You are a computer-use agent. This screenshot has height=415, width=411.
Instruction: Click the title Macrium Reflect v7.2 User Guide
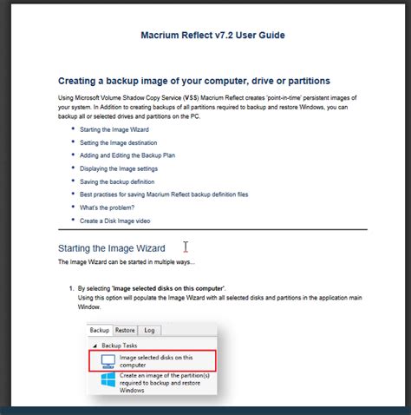coord(212,36)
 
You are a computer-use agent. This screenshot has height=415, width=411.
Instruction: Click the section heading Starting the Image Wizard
coord(111,248)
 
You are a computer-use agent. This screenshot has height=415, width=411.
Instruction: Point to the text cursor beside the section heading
coord(186,247)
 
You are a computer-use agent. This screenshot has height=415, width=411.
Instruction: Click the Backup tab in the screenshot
coord(101,330)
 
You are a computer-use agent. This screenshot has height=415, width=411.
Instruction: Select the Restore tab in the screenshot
coord(126,330)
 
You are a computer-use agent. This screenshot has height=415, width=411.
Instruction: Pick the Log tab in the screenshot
coord(150,330)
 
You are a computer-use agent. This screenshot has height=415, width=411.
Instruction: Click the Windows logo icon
coord(108,383)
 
